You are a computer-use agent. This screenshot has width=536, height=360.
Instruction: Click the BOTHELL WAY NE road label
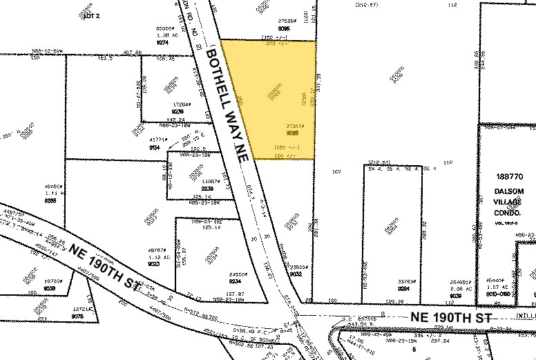pos(227,104)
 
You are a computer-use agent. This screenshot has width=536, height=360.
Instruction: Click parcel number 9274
pos(163,42)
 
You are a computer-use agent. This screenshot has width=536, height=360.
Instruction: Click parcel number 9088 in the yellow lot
pos(292,133)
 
